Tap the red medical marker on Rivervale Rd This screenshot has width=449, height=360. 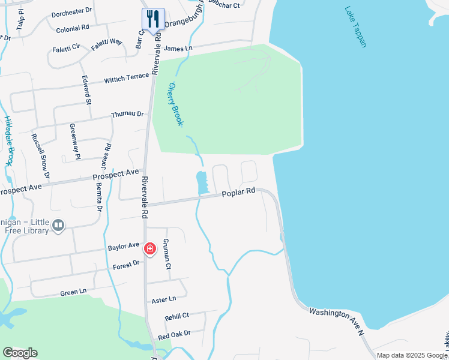click(149, 248)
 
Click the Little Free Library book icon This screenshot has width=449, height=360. click(58, 225)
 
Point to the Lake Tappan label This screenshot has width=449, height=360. click(355, 27)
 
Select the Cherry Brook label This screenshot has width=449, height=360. click(175, 104)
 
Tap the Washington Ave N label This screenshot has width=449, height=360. click(336, 322)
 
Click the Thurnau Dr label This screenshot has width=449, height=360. click(128, 114)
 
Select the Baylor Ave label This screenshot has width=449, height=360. click(124, 246)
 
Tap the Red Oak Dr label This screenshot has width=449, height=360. click(174, 333)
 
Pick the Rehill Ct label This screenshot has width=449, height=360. click(176, 316)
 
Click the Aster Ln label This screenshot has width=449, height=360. click(164, 299)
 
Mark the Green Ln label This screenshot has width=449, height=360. click(73, 292)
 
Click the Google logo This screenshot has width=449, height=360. click(20, 353)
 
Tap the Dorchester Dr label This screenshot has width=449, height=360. click(71, 11)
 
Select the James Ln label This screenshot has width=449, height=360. click(178, 48)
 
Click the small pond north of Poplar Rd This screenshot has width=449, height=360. click(201, 182)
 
